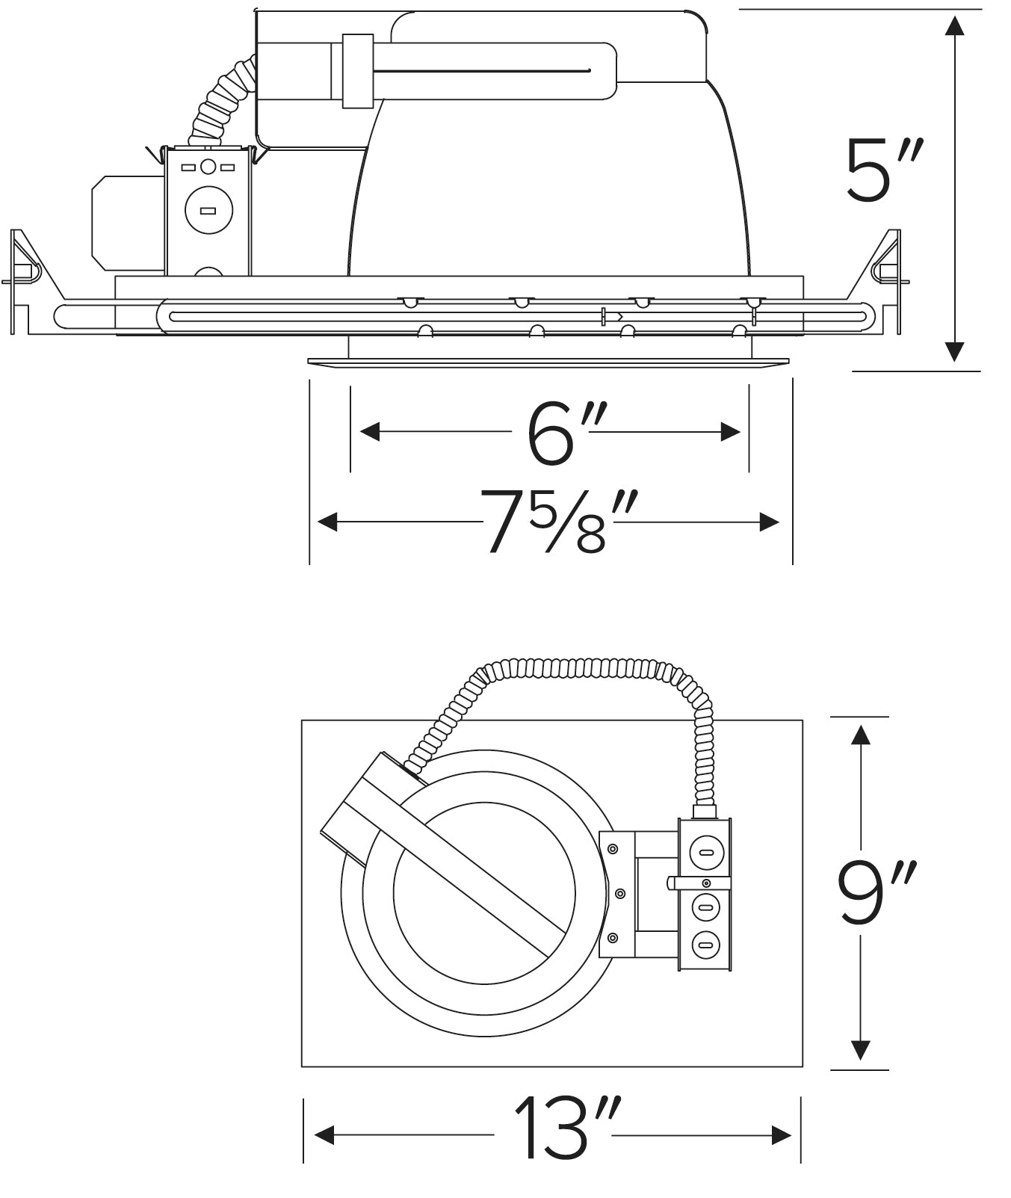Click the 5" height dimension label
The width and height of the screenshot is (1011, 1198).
pyautogui.click(x=884, y=170)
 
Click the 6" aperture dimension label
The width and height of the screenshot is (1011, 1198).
pyautogui.click(x=559, y=433)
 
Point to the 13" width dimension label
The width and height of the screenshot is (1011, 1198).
pyautogui.click(x=566, y=1129)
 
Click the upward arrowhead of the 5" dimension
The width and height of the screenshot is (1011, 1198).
pyautogui.click(x=953, y=25)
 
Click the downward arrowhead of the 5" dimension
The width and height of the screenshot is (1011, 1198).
pyautogui.click(x=953, y=352)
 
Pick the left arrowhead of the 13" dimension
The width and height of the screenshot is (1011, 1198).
pyautogui.click(x=324, y=1136)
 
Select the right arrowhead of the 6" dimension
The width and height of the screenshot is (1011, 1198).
pyautogui.click(x=730, y=431)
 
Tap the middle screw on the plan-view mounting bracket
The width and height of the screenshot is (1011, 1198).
pyautogui.click(x=619, y=893)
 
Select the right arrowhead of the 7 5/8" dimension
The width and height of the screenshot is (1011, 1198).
pyautogui.click(x=770, y=522)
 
